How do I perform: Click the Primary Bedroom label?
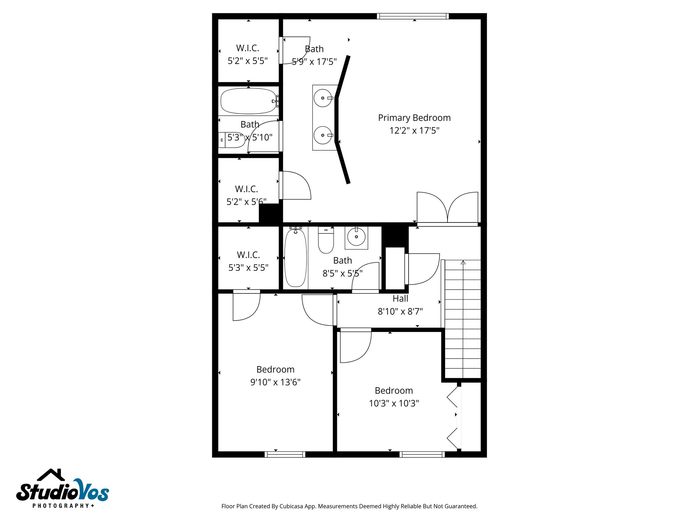[414, 118]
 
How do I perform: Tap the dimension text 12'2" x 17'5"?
[414, 130]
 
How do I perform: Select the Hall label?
[400, 299]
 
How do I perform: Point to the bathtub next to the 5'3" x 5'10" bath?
[248, 101]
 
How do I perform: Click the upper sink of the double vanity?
[323, 98]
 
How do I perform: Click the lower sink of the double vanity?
[323, 135]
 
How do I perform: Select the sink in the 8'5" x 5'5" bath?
[356, 237]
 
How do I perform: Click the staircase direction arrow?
[463, 262]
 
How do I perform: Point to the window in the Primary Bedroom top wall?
[413, 16]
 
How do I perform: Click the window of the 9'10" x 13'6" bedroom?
[285, 454]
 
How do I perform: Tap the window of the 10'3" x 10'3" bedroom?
[422, 454]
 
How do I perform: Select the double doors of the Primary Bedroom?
[447, 208]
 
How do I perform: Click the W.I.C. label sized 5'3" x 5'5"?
[248, 255]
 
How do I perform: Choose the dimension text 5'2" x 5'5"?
[247, 61]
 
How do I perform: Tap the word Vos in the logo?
[91, 491]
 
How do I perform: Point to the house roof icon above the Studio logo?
[51, 475]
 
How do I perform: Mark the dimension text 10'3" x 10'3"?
[394, 403]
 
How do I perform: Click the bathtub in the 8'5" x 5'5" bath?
[295, 258]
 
